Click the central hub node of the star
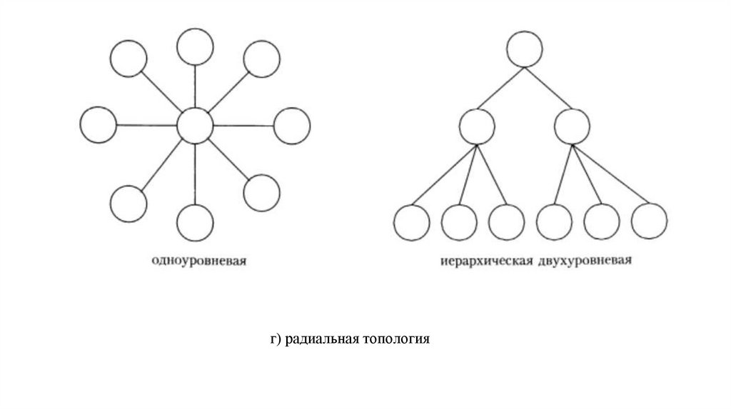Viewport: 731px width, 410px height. pyautogui.click(x=195, y=126)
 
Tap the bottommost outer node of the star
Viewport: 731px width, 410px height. pyautogui.click(x=195, y=223)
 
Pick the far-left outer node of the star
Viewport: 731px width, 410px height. pyautogui.click(x=99, y=124)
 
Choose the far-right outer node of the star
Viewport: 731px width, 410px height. pyautogui.click(x=292, y=126)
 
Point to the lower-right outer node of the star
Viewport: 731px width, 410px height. pyautogui.click(x=261, y=192)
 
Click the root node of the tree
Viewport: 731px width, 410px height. pyautogui.click(x=525, y=49)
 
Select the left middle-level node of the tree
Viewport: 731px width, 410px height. pyautogui.click(x=478, y=126)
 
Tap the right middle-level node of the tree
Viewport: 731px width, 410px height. pyautogui.click(x=573, y=126)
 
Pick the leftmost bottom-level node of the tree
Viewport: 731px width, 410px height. pyautogui.click(x=412, y=222)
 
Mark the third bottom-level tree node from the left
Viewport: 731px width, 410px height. pyautogui.click(x=507, y=222)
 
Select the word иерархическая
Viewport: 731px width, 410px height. pyautogui.click(x=488, y=261)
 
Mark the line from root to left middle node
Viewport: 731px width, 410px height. pyautogui.click(x=501, y=88)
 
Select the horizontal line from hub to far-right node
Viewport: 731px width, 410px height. pyautogui.click(x=243, y=126)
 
